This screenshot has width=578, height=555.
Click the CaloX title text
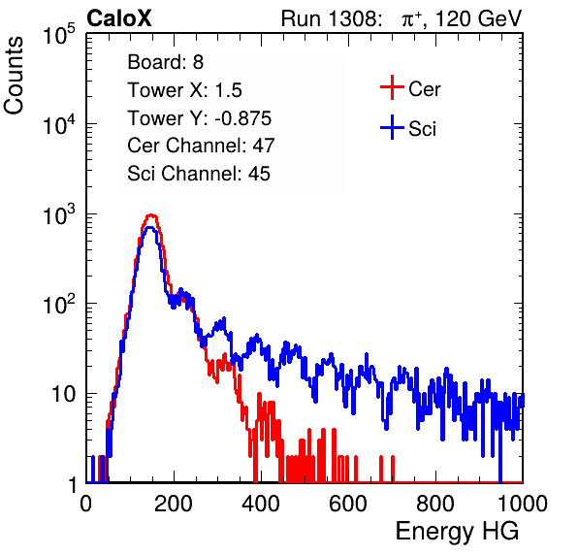click(x=118, y=18)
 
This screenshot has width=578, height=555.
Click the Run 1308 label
click(x=330, y=18)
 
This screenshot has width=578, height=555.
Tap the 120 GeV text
click(x=479, y=18)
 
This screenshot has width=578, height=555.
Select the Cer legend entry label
click(x=424, y=89)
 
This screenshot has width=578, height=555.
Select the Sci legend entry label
click(x=422, y=129)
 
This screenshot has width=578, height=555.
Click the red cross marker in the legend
click(x=392, y=87)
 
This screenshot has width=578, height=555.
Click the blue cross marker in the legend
click(x=392, y=127)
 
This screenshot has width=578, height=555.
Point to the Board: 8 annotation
click(x=165, y=62)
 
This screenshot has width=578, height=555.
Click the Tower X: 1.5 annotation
click(x=184, y=90)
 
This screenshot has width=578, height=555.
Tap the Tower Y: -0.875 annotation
click(x=200, y=118)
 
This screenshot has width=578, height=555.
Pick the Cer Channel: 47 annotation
click(x=201, y=146)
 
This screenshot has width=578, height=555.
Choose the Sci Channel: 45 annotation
click(x=199, y=174)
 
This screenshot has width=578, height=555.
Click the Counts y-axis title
click(x=14, y=76)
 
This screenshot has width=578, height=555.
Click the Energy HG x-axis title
click(x=457, y=531)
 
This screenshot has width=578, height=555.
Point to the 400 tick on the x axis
click(x=261, y=504)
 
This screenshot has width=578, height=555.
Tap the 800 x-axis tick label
click(x=435, y=504)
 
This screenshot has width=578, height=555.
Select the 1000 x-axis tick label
click(x=523, y=504)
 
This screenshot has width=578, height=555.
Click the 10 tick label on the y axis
click(x=63, y=394)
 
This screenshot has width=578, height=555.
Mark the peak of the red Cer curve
click(x=151, y=214)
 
